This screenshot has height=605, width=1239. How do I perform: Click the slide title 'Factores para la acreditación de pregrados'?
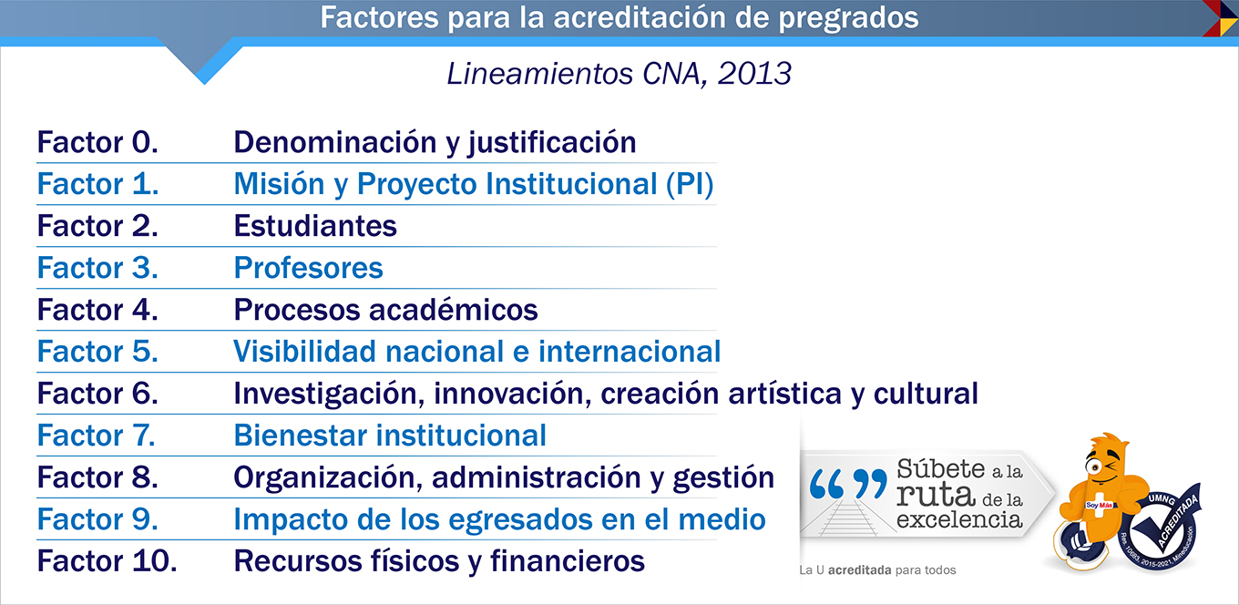tap(619, 17)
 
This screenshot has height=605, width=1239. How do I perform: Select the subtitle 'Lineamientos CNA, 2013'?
tap(619, 74)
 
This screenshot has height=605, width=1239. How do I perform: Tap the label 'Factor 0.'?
tap(97, 142)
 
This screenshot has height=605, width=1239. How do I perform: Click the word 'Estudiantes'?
tap(315, 226)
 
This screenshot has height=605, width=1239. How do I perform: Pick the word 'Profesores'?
tap(308, 268)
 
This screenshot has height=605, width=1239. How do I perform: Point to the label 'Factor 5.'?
tap(97, 351)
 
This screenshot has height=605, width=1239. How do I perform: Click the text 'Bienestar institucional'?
tap(390, 436)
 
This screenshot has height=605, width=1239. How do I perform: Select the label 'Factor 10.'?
tap(107, 560)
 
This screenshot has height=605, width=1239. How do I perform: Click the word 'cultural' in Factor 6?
tap(926, 394)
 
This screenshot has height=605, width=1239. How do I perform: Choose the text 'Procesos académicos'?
tap(385, 310)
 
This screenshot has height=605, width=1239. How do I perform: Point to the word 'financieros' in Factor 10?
tap(568, 560)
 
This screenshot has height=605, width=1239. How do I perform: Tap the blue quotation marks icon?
tap(847, 484)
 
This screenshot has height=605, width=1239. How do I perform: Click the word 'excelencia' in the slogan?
tap(959, 519)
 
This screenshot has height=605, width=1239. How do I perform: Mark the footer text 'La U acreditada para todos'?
tap(877, 570)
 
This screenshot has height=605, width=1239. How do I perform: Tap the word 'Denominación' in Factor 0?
tap(335, 142)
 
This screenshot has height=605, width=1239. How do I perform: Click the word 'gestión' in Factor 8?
tap(723, 478)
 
